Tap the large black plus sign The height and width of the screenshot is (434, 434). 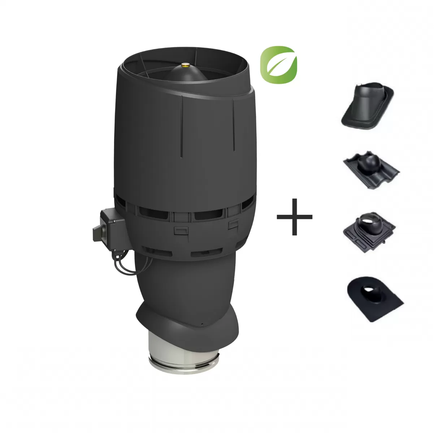(294, 217)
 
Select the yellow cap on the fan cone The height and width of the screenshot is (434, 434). (186, 65)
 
